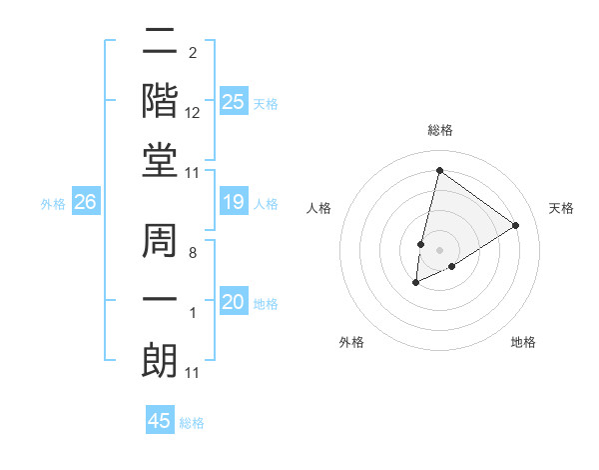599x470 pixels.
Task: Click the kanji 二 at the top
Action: [x=160, y=42]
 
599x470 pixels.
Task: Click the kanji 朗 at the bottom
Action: [x=160, y=360]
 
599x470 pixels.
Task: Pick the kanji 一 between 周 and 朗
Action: [x=160, y=299]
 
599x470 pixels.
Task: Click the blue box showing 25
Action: [x=234, y=102]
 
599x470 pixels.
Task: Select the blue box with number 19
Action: [x=234, y=203]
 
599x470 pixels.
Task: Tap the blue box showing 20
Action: [x=234, y=302]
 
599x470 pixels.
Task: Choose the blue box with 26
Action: [x=85, y=203]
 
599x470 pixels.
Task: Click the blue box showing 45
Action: [x=160, y=421]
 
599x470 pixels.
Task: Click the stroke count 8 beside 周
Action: [x=192, y=254]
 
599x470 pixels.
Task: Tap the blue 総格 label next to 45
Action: [x=192, y=423]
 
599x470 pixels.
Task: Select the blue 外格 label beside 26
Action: [x=53, y=204]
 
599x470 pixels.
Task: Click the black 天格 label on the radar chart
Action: [x=561, y=208]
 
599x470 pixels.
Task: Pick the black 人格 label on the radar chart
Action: [x=319, y=208]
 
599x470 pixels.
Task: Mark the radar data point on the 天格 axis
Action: [x=515, y=225]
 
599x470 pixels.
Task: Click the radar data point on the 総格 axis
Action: [x=439, y=171]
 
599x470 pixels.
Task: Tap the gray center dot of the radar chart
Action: [x=439, y=250]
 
